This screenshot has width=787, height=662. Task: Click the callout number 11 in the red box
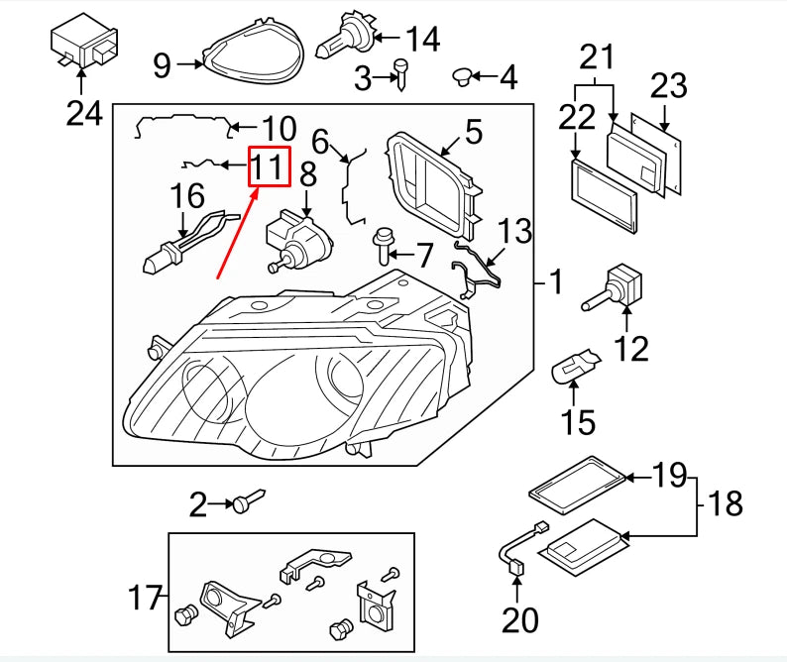269,166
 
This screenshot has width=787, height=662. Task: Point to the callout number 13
515,233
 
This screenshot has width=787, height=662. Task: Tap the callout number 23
668,86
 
